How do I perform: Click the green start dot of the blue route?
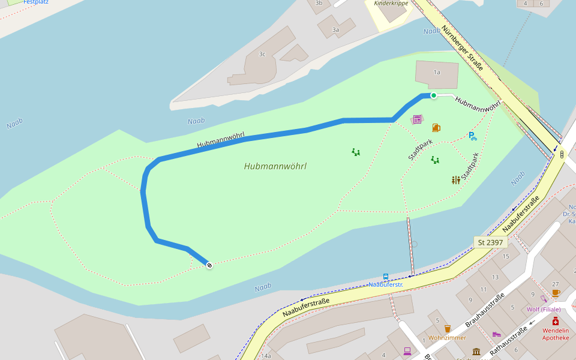pyautogui.click(x=433, y=95)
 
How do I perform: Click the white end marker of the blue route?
pyautogui.click(x=209, y=265)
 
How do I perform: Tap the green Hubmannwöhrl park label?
pyautogui.click(x=275, y=166)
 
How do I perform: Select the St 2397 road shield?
pyautogui.click(x=491, y=242)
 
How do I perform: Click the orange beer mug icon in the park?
pyautogui.click(x=436, y=127)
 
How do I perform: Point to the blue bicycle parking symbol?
pyautogui.click(x=472, y=136)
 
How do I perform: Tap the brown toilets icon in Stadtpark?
pyautogui.click(x=456, y=179)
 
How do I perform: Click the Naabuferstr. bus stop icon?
pyautogui.click(x=386, y=277)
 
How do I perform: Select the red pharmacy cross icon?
pyautogui.click(x=556, y=321)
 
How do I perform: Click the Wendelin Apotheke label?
pyautogui.click(x=556, y=334)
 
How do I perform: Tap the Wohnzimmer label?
pyautogui.click(x=447, y=338)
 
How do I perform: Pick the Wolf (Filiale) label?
pyautogui.click(x=544, y=310)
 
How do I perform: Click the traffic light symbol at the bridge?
pyautogui.click(x=562, y=154)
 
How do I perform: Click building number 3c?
pyautogui.click(x=262, y=54)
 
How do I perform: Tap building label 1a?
pyautogui.click(x=437, y=72)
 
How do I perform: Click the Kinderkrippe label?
pyautogui.click(x=391, y=4)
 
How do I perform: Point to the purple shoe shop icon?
pyautogui.click(x=496, y=334)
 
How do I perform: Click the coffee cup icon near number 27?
pyautogui.click(x=556, y=293)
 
